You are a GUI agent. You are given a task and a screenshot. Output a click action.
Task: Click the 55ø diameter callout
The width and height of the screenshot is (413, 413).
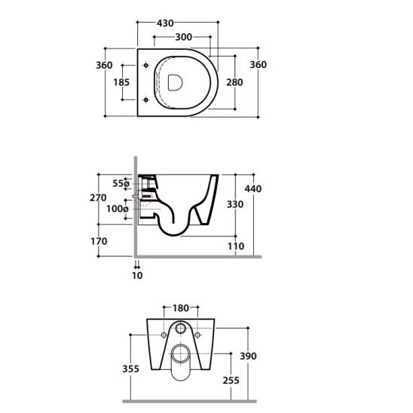(x=121, y=183)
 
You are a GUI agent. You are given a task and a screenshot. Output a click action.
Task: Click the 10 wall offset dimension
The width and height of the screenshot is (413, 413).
(x=137, y=275)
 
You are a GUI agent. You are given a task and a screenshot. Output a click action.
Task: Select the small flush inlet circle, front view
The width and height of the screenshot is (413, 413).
(x=181, y=331)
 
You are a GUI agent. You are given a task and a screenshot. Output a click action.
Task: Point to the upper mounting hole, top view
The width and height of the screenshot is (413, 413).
(x=144, y=66)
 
